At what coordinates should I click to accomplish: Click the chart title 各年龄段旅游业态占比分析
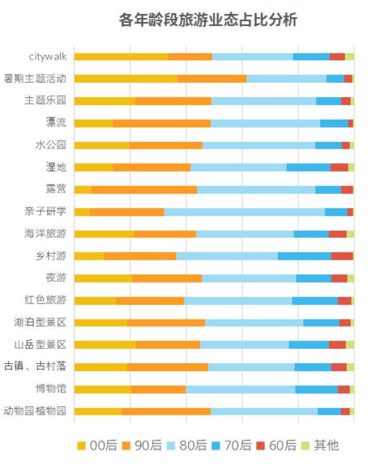(208, 20)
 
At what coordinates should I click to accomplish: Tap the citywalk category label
(47, 57)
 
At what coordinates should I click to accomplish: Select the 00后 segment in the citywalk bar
(121, 57)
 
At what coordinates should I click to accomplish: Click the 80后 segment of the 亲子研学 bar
(244, 212)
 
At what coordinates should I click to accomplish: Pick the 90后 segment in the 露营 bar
(144, 190)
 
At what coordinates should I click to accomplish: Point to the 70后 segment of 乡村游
(304, 256)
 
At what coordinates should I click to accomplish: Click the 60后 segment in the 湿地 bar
(340, 168)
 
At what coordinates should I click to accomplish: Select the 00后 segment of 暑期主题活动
(126, 79)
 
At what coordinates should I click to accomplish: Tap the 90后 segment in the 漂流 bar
(162, 123)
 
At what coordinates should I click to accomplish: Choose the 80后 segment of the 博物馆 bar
(241, 389)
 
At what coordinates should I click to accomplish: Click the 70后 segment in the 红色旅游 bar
(315, 300)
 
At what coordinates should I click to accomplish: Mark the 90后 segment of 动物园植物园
(166, 411)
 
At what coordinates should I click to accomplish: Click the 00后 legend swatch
(82, 445)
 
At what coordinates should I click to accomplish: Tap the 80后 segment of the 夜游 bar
(249, 278)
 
